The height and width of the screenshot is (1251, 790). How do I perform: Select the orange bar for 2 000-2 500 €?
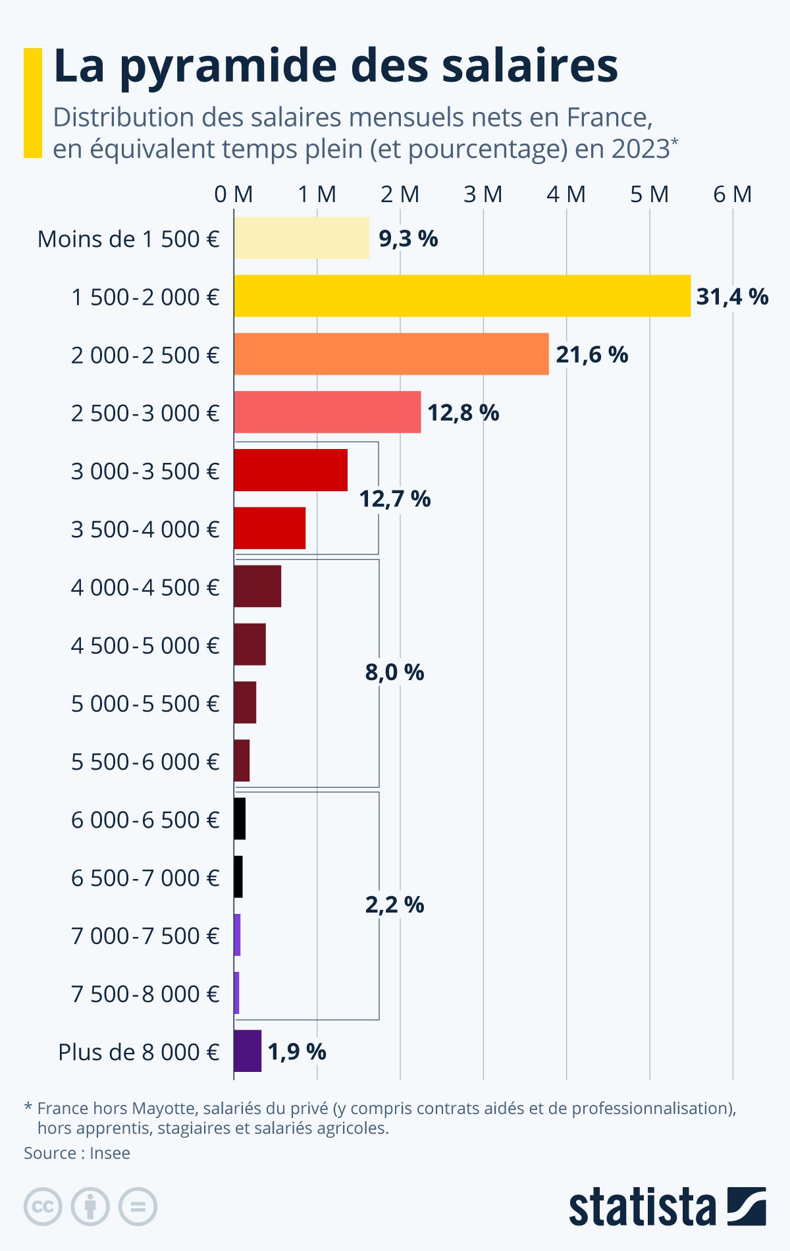391,354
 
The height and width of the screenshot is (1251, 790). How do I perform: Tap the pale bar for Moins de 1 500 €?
302,238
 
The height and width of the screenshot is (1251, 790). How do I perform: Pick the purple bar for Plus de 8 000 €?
248,1051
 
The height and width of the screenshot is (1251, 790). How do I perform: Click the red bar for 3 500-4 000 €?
270,528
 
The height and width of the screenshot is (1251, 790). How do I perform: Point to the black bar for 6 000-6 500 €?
240,818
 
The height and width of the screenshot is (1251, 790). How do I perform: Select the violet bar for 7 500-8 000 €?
236,993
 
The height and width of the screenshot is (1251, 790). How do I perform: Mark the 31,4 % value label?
732,297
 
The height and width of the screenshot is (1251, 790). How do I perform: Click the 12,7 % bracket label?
395,499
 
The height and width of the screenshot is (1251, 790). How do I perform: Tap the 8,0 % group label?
395,672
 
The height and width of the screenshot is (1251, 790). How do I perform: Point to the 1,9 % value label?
297,1051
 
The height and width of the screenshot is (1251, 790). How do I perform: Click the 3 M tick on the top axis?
483,194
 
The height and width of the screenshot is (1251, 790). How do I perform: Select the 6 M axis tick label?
733,194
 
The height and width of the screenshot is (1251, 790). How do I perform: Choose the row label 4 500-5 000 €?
145,645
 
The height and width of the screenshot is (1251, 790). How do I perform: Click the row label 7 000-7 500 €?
145,936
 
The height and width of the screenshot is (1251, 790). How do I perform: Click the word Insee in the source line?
110,1153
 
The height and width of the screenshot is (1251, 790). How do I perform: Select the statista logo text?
643,1208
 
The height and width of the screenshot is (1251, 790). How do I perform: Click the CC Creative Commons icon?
43,1207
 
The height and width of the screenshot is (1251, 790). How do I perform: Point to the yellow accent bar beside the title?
32,103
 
